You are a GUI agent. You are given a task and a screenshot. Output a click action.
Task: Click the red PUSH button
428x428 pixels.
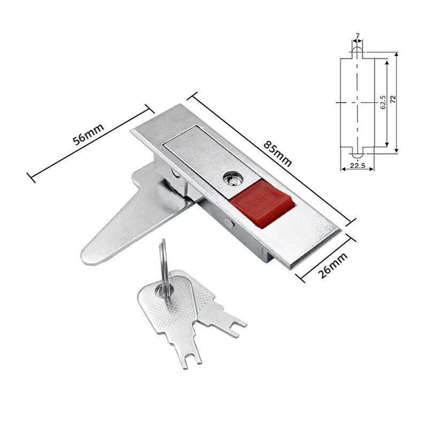pos(262,203)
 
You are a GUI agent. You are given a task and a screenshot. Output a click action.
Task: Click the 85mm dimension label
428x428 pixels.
pos(278,154)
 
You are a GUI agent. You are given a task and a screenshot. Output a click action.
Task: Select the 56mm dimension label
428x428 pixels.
pos(88,134)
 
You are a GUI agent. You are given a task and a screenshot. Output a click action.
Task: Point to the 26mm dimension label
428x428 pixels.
pos(333,265)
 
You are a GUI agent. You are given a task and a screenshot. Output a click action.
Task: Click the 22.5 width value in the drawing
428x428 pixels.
pos(357,165)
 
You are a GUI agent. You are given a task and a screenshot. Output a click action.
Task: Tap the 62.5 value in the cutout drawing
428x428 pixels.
pos(383,102)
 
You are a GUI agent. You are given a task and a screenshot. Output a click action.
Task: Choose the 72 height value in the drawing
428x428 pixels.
pos(393,99)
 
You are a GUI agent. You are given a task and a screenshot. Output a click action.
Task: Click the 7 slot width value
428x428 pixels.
pos(357,35)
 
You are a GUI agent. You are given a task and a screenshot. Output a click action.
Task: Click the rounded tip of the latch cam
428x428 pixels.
pos(89,256)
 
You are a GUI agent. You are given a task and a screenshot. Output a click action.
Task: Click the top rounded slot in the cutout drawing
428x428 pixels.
pos(357,52)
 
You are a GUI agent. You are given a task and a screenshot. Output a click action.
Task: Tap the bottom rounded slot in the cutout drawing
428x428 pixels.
pos(357,152)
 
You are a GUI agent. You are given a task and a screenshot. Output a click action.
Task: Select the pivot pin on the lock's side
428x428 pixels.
pos(230,223)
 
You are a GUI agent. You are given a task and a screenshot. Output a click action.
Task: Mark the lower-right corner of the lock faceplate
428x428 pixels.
pos(290,269)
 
